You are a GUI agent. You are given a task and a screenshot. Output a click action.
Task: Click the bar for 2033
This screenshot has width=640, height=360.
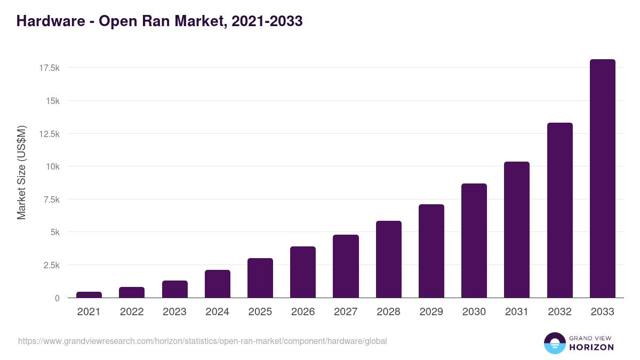(602, 179)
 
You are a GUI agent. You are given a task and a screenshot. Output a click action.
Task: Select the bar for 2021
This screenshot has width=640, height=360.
(89, 294)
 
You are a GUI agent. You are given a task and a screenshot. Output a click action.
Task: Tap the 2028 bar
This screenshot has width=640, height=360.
(388, 259)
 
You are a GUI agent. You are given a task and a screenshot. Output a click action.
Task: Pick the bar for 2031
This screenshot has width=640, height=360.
(517, 230)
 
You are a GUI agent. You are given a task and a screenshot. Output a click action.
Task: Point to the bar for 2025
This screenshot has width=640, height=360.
(260, 278)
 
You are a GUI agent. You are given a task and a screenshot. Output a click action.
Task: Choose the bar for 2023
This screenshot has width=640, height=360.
(175, 289)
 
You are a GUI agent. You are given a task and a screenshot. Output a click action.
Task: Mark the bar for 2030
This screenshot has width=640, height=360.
(474, 241)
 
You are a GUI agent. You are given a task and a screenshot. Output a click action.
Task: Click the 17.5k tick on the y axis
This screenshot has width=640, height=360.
(49, 68)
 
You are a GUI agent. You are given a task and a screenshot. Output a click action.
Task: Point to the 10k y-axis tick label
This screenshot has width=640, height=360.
(52, 166)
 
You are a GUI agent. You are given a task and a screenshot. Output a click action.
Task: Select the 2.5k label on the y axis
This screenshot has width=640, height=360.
(50, 265)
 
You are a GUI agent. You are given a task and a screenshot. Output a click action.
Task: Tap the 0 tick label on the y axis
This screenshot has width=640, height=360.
(57, 298)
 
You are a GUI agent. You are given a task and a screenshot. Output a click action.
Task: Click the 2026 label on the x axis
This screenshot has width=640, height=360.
(303, 312)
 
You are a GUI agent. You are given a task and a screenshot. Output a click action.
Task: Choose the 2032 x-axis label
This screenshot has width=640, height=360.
(559, 312)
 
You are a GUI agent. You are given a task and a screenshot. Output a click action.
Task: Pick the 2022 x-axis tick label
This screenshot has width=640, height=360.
(132, 312)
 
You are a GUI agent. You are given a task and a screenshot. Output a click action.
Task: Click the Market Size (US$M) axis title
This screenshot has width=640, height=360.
(21, 172)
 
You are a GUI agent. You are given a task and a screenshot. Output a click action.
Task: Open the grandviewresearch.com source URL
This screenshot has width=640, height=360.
(203, 341)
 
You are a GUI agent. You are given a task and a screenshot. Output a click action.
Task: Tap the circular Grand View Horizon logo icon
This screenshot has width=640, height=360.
(554, 343)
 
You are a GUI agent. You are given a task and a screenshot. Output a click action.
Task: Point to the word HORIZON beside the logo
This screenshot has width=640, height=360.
(591, 347)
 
